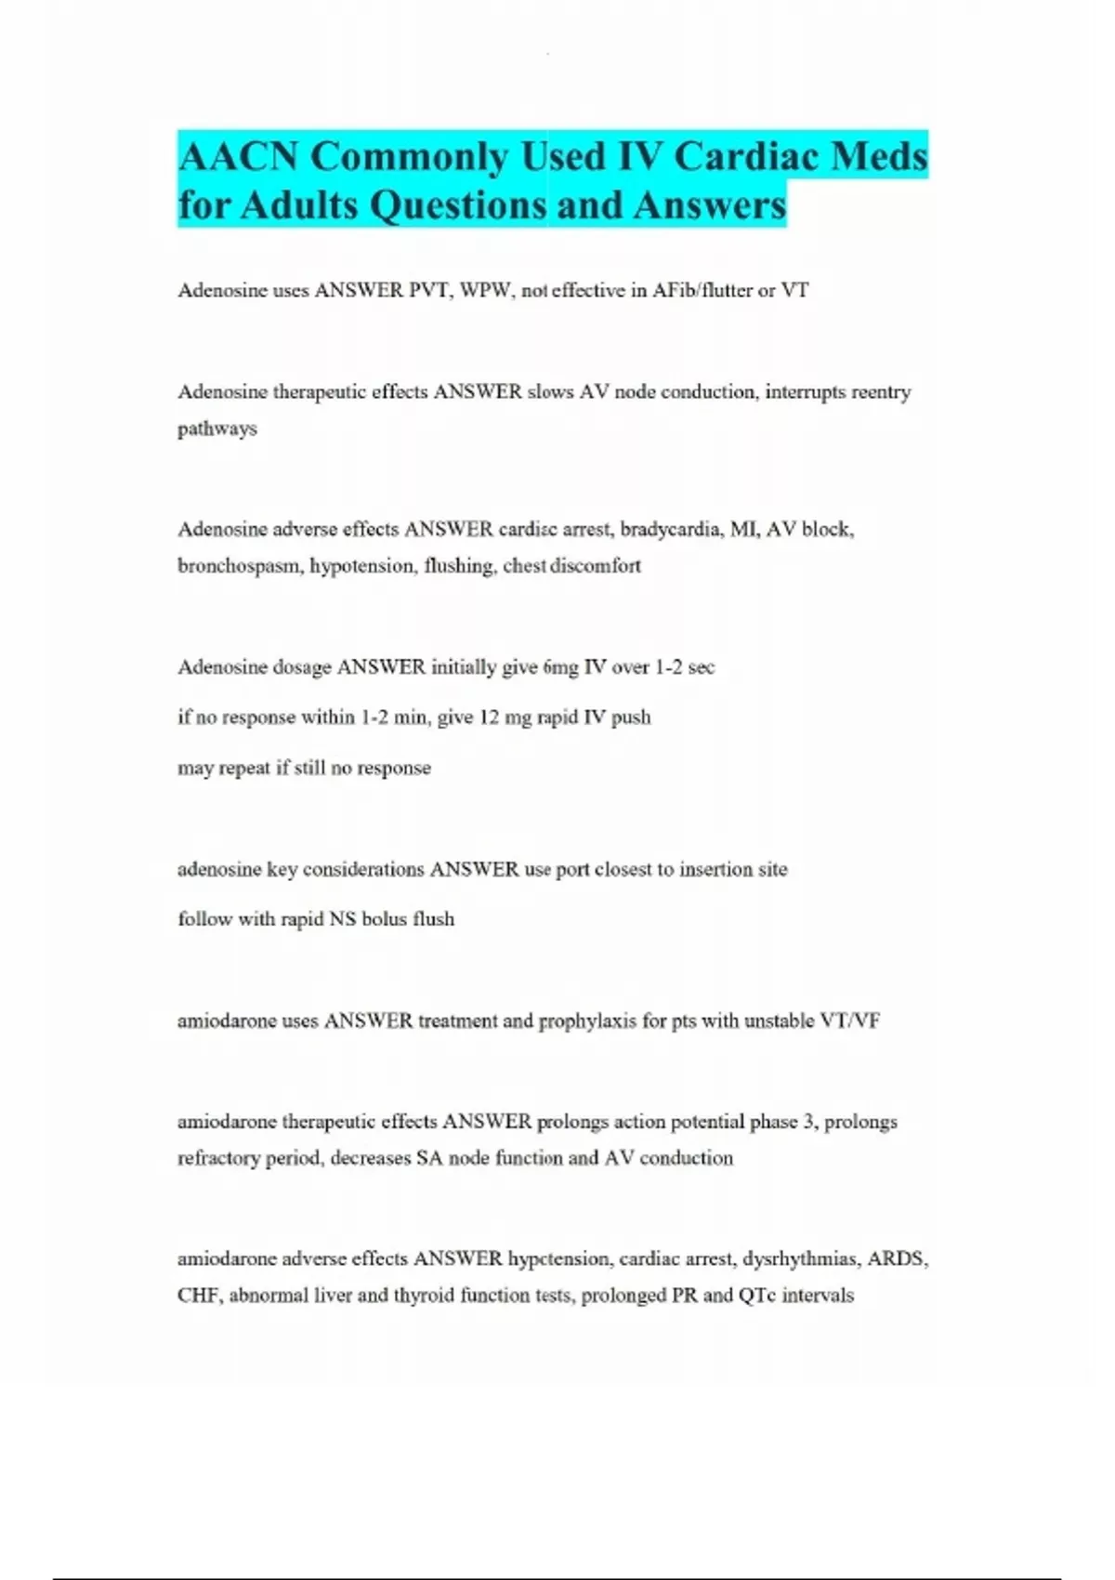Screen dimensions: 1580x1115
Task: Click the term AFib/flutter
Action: coord(702,290)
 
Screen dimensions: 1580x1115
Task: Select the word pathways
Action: coord(217,428)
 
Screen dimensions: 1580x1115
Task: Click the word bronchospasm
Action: coord(238,566)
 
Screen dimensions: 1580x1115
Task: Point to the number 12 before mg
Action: coord(489,718)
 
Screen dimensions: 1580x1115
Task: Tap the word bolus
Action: coord(384,919)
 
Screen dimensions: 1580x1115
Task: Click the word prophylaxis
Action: coord(587,1021)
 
